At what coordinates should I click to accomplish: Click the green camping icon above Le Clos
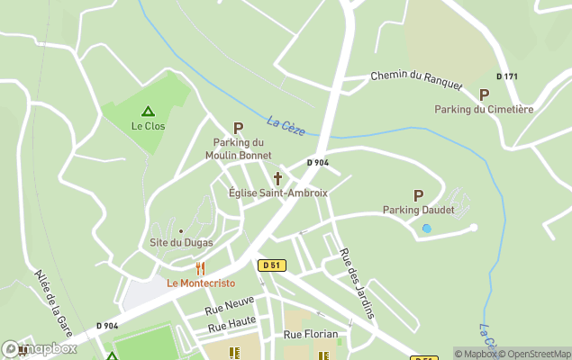click(148, 112)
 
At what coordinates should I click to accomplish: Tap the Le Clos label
click(148, 126)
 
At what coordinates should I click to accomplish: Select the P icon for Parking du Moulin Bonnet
click(239, 129)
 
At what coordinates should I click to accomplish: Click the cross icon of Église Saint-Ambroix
click(277, 178)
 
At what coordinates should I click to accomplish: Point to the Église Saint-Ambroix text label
click(278, 193)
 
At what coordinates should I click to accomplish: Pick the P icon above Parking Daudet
click(418, 195)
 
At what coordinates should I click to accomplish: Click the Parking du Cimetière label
click(484, 109)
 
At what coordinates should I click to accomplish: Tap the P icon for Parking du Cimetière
click(484, 94)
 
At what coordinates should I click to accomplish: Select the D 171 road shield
click(507, 76)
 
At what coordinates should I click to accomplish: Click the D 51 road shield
click(271, 265)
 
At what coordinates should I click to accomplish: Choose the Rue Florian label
click(311, 334)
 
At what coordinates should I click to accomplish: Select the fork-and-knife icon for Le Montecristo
click(200, 268)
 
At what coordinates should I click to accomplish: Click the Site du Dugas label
click(180, 243)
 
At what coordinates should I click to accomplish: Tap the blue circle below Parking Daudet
click(427, 229)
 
